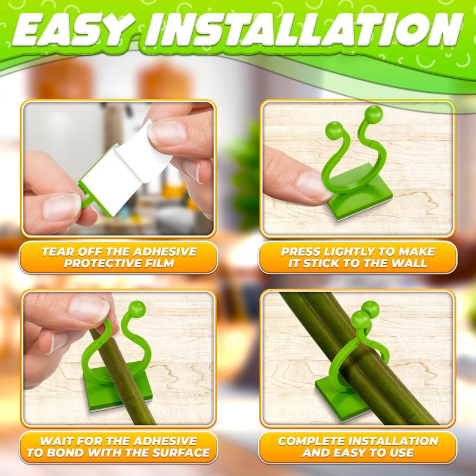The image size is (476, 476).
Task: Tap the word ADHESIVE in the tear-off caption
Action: [165, 252]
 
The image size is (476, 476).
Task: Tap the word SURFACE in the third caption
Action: [181, 453]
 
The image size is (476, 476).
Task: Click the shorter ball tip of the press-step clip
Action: [334, 130]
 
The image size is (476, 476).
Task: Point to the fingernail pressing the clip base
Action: [313, 185]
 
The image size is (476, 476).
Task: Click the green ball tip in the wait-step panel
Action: [137, 309]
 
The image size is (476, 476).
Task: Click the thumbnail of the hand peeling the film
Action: [167, 133]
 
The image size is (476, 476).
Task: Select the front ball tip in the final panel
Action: [361, 320]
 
